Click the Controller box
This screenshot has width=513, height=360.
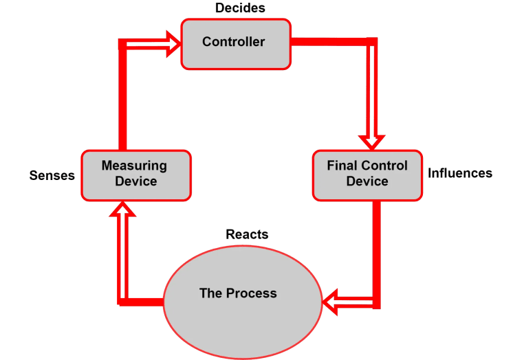pos(235,43)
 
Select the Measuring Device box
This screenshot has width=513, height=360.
pos(135,175)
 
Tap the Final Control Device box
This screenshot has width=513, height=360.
pos(367,175)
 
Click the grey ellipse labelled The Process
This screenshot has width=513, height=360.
pos(242,294)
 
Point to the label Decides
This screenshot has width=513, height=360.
pos(239,8)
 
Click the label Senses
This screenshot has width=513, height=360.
pos(52,175)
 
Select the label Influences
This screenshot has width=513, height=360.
pos(459,173)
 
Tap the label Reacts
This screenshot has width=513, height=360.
pos(247,235)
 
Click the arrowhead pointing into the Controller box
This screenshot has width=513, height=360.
pos(172,43)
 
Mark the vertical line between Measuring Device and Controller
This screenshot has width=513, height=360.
pos(123,103)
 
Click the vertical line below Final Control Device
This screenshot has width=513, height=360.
pos(376,247)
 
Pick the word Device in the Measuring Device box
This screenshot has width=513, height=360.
pos(135,182)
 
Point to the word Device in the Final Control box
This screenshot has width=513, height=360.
pos(367,182)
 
